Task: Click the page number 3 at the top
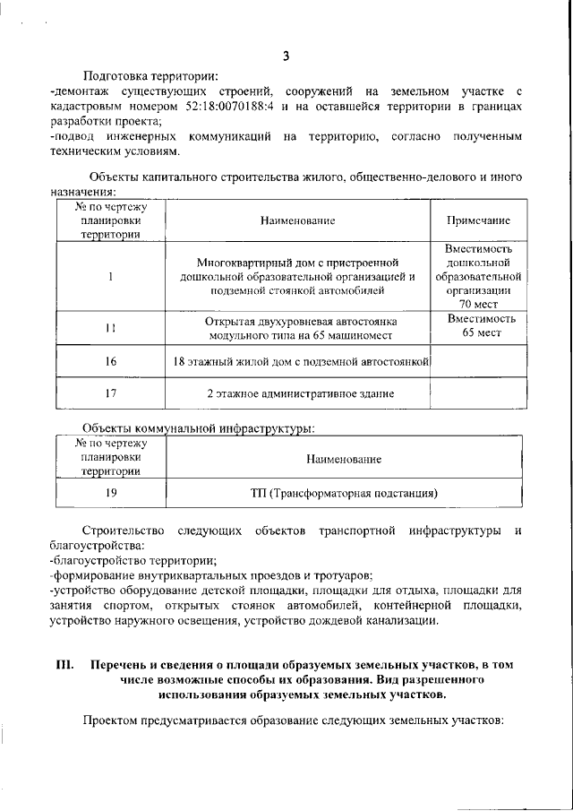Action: [x=286, y=56]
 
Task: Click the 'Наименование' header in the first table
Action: [x=298, y=220]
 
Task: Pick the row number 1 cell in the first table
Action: [x=109, y=276]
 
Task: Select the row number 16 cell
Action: [x=109, y=361]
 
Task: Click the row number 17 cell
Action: [x=109, y=393]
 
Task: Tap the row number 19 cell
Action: [x=109, y=492]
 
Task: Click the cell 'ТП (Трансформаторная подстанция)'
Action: [x=344, y=492]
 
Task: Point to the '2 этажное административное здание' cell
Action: [x=298, y=393]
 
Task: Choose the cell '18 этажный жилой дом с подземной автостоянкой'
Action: [x=298, y=361]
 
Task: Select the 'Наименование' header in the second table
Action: [x=344, y=459]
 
